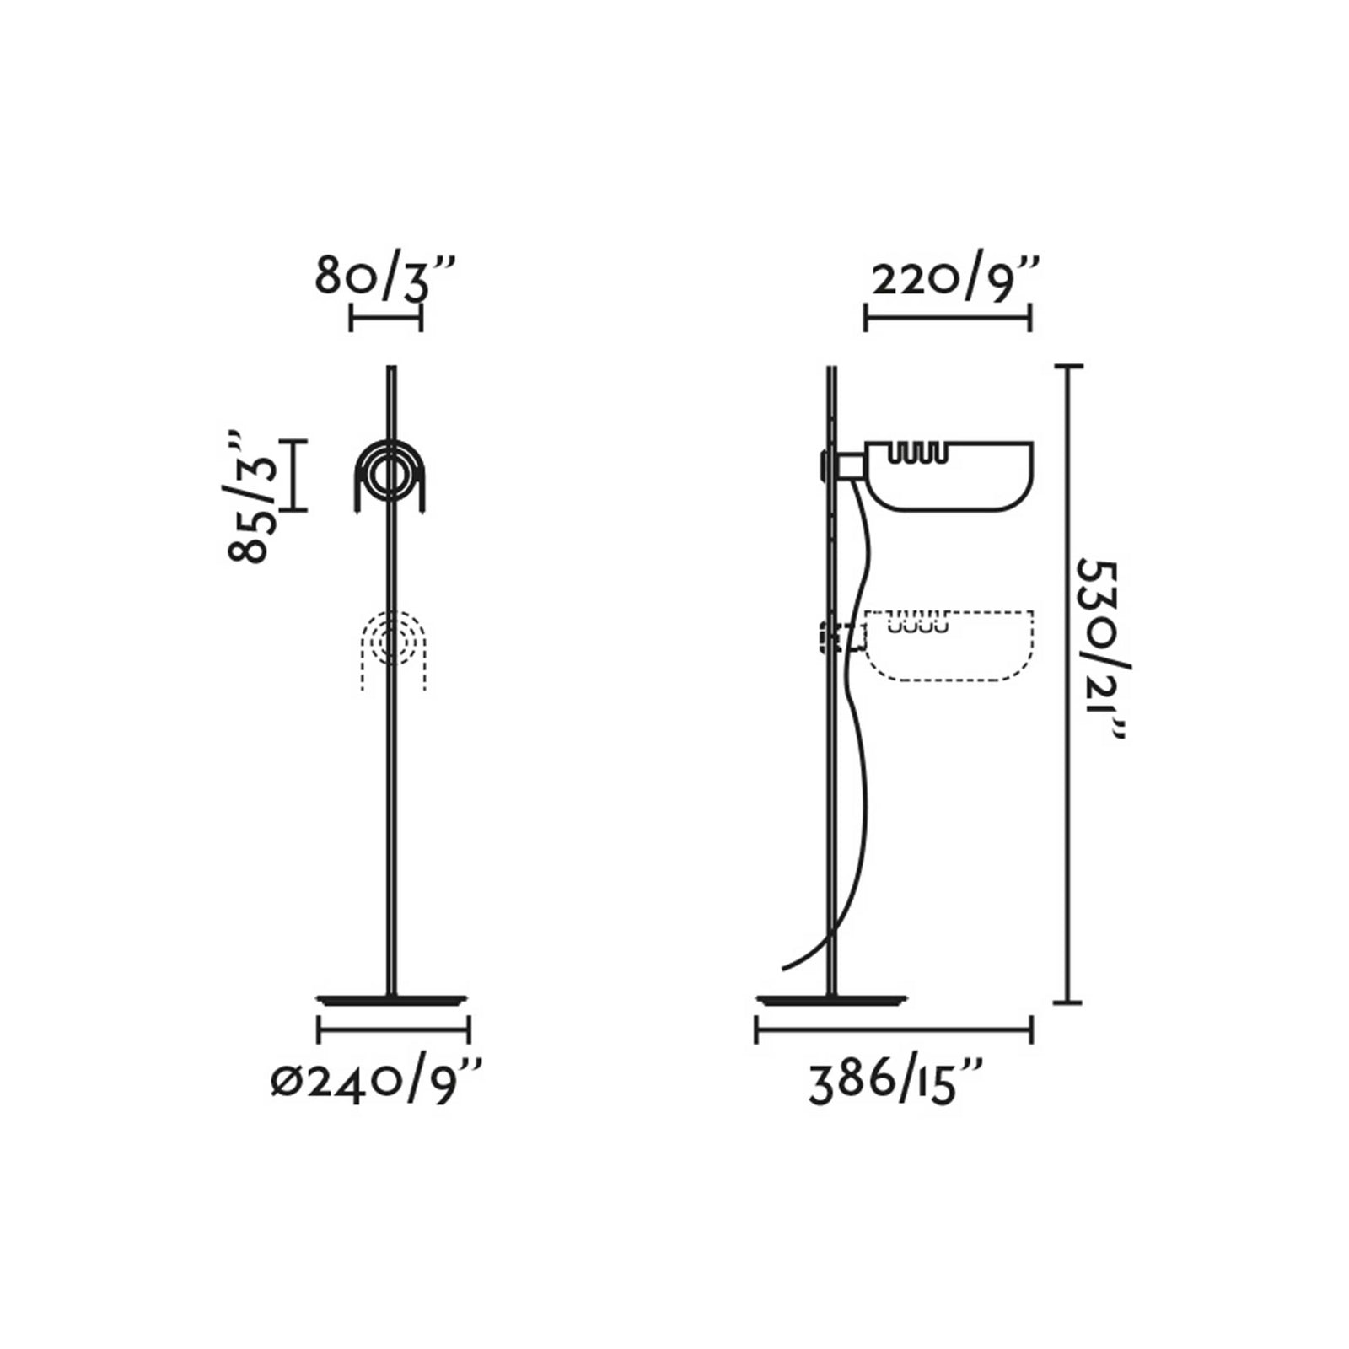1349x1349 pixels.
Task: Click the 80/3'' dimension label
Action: pos(385,275)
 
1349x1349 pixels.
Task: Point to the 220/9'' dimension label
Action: pos(955,278)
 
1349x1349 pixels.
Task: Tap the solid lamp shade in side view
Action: pos(949,476)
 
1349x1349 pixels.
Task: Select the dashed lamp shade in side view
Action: pos(949,646)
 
